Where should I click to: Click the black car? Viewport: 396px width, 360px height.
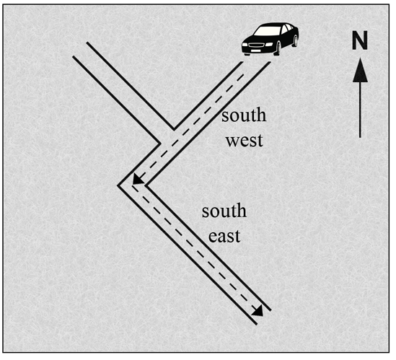(270, 39)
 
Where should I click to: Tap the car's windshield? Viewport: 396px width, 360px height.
(268, 30)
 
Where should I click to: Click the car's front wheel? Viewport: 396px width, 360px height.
(277, 48)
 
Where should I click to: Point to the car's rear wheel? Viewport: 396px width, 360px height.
(295, 40)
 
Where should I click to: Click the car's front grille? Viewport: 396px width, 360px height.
(256, 45)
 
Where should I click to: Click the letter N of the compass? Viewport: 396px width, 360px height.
(360, 40)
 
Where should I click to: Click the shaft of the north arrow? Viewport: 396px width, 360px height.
(360, 110)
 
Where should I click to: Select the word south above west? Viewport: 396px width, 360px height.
(244, 115)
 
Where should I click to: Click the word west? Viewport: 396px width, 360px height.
(245, 141)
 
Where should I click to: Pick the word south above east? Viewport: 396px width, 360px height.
(224, 211)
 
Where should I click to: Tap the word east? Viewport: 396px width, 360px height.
(224, 236)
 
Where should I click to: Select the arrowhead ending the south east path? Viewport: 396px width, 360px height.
(258, 310)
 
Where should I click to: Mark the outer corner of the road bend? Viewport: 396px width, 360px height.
(118, 186)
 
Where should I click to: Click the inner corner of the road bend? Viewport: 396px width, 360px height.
(146, 185)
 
